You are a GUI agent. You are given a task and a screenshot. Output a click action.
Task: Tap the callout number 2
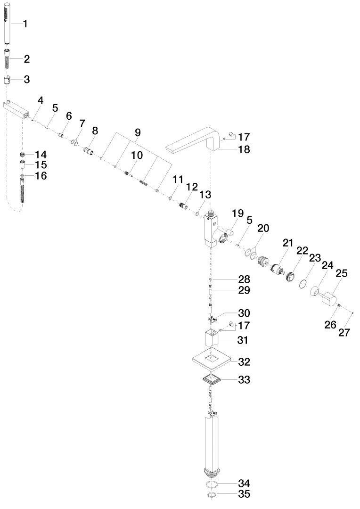tap(26, 59)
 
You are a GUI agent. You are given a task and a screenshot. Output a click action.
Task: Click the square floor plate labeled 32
tap(212, 359)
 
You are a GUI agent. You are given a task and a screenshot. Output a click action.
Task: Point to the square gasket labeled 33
tap(212, 379)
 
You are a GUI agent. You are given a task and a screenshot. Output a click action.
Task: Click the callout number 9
tap(138, 132)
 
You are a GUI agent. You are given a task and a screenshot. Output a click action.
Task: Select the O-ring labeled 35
tap(212, 495)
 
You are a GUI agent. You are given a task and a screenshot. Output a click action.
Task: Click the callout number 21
tap(287, 243)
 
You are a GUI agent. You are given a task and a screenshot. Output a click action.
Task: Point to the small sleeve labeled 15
tap(23, 165)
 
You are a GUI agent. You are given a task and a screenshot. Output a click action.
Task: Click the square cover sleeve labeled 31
tap(212, 338)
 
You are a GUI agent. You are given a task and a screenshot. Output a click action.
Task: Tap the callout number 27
tap(344, 332)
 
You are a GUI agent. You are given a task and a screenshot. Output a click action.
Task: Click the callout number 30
tap(244, 313)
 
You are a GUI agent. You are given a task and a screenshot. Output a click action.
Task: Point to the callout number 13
tap(205, 195)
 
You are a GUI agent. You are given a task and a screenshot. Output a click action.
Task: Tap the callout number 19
tap(238, 213)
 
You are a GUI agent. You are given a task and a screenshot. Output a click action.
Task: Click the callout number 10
tap(137, 155)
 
